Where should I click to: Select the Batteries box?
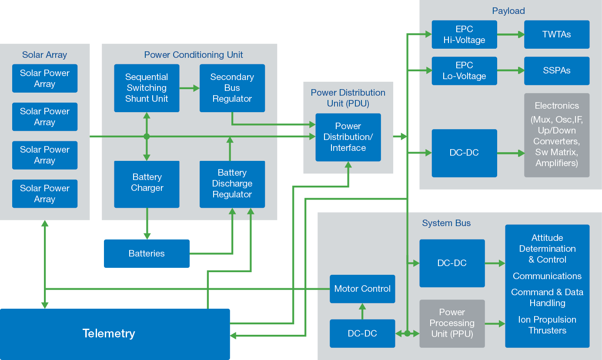click(x=147, y=253)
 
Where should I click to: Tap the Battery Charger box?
click(x=147, y=184)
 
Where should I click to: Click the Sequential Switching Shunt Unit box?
click(x=147, y=88)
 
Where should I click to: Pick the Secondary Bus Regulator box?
click(x=232, y=88)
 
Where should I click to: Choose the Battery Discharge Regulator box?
click(x=232, y=184)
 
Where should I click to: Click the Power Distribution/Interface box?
click(x=348, y=137)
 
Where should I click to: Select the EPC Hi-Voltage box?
click(x=464, y=34)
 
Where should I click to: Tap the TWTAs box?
click(x=557, y=34)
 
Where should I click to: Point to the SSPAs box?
click(x=557, y=70)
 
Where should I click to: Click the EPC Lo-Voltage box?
click(x=464, y=70)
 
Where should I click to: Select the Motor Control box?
click(x=362, y=289)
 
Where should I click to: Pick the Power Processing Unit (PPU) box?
click(x=452, y=323)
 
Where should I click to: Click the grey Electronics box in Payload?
click(x=557, y=135)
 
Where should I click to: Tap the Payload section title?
click(x=508, y=11)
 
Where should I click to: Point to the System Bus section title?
click(x=446, y=223)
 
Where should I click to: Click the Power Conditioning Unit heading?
click(x=194, y=55)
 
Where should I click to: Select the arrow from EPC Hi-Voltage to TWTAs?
click(x=511, y=34)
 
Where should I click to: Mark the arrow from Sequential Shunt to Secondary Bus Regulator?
click(x=189, y=88)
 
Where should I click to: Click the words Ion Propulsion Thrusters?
click(x=547, y=325)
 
